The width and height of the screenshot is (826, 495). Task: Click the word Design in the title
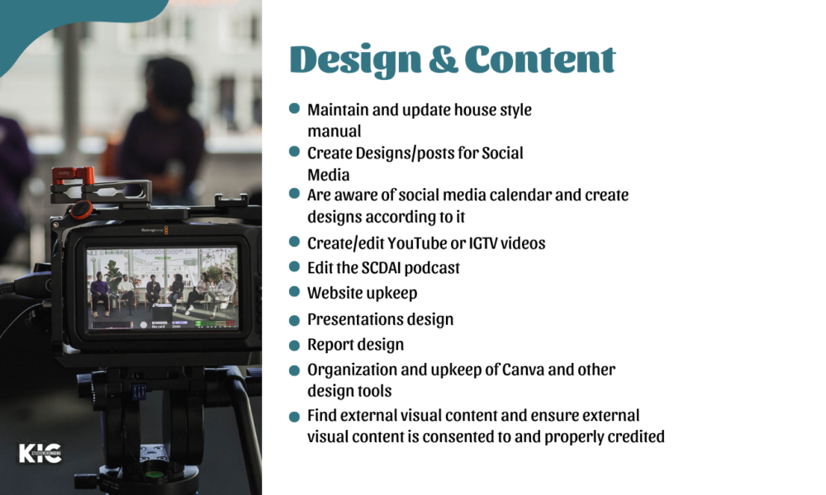pyautogui.click(x=355, y=60)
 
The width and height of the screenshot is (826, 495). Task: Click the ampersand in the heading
pyautogui.click(x=443, y=59)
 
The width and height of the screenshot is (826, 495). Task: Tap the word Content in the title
pyautogui.click(x=540, y=59)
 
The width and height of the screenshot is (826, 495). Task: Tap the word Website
pyautogui.click(x=335, y=293)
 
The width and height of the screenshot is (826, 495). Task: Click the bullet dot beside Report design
pyautogui.click(x=295, y=346)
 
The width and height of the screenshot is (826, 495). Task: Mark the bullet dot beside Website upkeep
pyautogui.click(x=295, y=292)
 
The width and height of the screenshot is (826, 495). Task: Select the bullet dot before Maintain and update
pyautogui.click(x=295, y=108)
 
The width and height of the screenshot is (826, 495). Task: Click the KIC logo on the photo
pyautogui.click(x=40, y=454)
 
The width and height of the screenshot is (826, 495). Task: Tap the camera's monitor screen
pyautogui.click(x=163, y=289)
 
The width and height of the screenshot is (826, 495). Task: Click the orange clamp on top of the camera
pyautogui.click(x=73, y=175)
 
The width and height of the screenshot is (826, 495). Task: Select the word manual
pyautogui.click(x=335, y=131)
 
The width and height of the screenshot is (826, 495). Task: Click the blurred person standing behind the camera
pyautogui.click(x=161, y=126)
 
